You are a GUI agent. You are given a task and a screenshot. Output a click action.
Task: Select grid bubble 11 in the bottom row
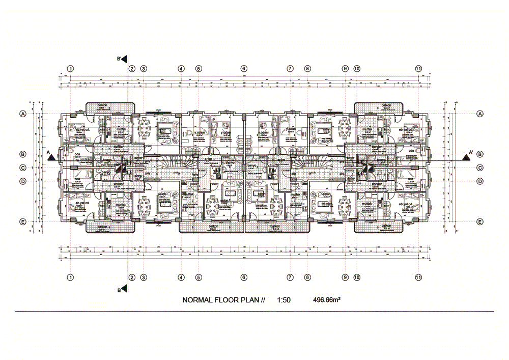[x=418, y=277]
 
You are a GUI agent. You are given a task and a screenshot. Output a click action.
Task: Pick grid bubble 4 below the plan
[x=181, y=277]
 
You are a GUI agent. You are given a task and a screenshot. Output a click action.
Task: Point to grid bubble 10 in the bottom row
[x=356, y=277]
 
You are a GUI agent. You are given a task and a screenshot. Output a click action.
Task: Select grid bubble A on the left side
[x=23, y=114]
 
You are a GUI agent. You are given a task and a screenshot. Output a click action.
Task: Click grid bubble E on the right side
[x=480, y=221]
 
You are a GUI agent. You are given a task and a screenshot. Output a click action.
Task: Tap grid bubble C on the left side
[x=23, y=168]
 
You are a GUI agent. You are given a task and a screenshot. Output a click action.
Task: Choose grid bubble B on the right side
[x=480, y=154]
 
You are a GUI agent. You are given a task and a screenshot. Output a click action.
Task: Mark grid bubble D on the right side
[x=480, y=181]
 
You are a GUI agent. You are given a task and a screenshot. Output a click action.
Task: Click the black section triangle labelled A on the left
[x=51, y=157]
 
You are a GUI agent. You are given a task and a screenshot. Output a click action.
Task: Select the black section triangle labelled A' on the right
[x=466, y=157]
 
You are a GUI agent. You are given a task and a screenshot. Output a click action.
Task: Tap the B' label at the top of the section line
[x=120, y=59]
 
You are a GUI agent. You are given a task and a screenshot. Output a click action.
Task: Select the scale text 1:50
[x=284, y=300]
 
